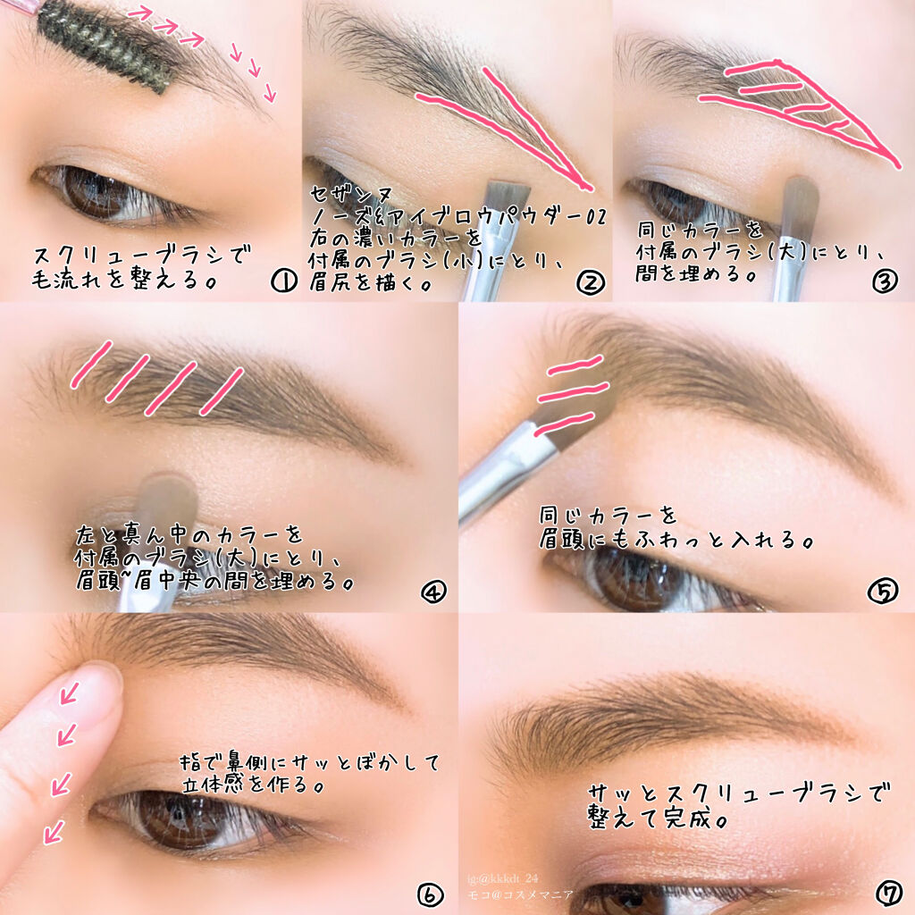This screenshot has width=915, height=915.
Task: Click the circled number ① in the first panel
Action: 284,281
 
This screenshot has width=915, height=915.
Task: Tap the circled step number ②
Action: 590,282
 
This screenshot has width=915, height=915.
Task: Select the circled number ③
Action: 885,281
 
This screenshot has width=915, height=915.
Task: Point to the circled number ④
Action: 433,592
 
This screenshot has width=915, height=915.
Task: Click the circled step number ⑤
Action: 882,591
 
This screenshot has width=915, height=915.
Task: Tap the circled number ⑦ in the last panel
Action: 889,893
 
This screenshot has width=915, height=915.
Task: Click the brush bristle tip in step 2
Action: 508,196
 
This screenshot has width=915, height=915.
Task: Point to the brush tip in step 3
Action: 801,200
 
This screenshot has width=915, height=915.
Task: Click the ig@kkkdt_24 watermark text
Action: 502,877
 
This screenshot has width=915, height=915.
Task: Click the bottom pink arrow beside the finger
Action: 55,831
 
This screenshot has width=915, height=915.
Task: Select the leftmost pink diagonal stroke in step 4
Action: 91,365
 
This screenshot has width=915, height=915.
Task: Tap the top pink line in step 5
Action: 575,365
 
